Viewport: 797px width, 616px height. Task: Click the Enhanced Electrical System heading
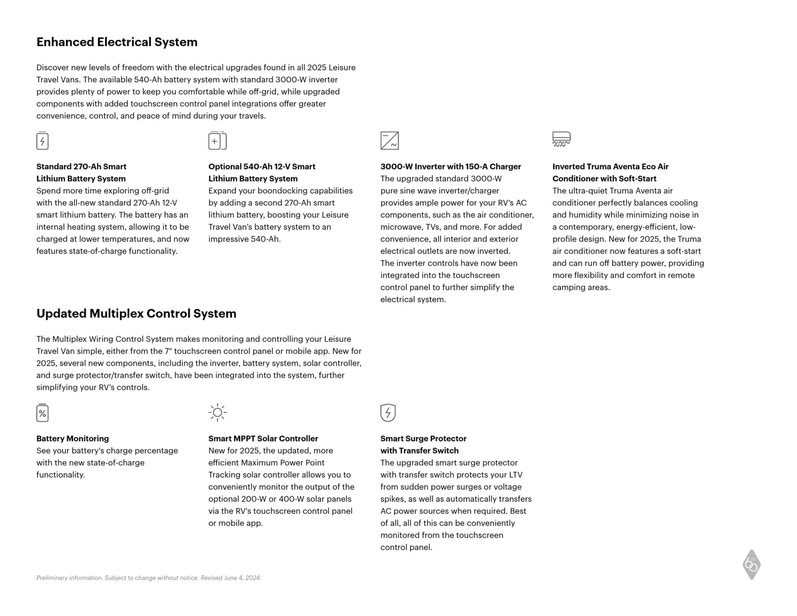click(117, 42)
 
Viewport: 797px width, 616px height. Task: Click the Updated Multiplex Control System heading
click(136, 314)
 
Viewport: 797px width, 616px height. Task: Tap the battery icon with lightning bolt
click(42, 141)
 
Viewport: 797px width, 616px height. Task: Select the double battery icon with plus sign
click(217, 141)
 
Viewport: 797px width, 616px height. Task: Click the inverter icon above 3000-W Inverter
click(390, 141)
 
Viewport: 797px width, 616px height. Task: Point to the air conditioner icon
click(561, 139)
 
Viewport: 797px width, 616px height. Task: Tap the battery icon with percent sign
click(42, 413)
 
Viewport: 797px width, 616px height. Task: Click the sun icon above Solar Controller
click(217, 412)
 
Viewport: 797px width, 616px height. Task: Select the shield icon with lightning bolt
click(388, 412)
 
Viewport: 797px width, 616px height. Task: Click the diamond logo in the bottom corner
click(751, 565)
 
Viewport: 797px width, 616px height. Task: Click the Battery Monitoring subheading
click(73, 438)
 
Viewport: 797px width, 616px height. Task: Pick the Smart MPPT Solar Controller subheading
click(263, 438)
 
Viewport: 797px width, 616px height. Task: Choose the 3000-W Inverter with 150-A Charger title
click(451, 166)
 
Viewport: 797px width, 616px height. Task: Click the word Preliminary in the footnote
click(52, 578)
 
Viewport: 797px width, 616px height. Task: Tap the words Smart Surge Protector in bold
click(423, 438)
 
